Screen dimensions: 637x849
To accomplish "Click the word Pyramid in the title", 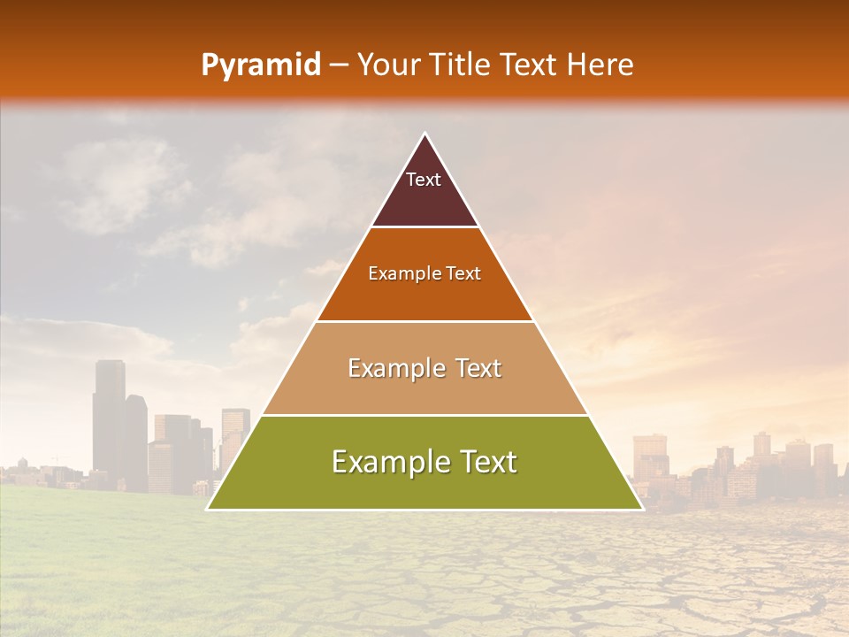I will pyautogui.click(x=261, y=65).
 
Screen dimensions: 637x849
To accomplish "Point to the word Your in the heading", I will pyautogui.click(x=387, y=65).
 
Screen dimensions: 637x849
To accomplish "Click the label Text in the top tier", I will pyautogui.click(x=424, y=180).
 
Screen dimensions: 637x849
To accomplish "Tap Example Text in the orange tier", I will pyautogui.click(x=424, y=273).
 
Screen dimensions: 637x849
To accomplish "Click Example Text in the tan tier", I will pyautogui.click(x=424, y=368).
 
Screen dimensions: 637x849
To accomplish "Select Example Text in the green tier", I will pyautogui.click(x=424, y=462).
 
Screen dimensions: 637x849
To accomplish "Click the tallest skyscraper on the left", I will pyautogui.click(x=109, y=416).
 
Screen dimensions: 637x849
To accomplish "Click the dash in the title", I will pyautogui.click(x=339, y=65).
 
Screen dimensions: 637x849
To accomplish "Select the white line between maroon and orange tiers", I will pyautogui.click(x=424, y=227).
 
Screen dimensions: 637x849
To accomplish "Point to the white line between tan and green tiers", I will pyautogui.click(x=424, y=415).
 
